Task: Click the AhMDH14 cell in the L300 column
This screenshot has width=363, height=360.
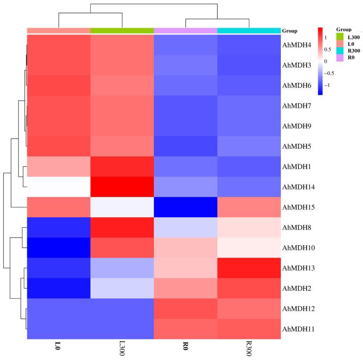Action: (x=122, y=187)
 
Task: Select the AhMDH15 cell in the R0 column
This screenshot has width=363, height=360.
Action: (x=186, y=207)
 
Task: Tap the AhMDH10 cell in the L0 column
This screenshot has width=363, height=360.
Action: (x=59, y=248)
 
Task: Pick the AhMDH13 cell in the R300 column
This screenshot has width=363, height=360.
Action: (x=249, y=268)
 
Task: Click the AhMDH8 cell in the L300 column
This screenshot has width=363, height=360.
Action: (x=122, y=228)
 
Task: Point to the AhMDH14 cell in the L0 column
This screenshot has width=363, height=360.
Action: (x=59, y=187)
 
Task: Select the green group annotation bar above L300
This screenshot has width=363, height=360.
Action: (x=122, y=31)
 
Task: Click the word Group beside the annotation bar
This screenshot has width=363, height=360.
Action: (x=289, y=31)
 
